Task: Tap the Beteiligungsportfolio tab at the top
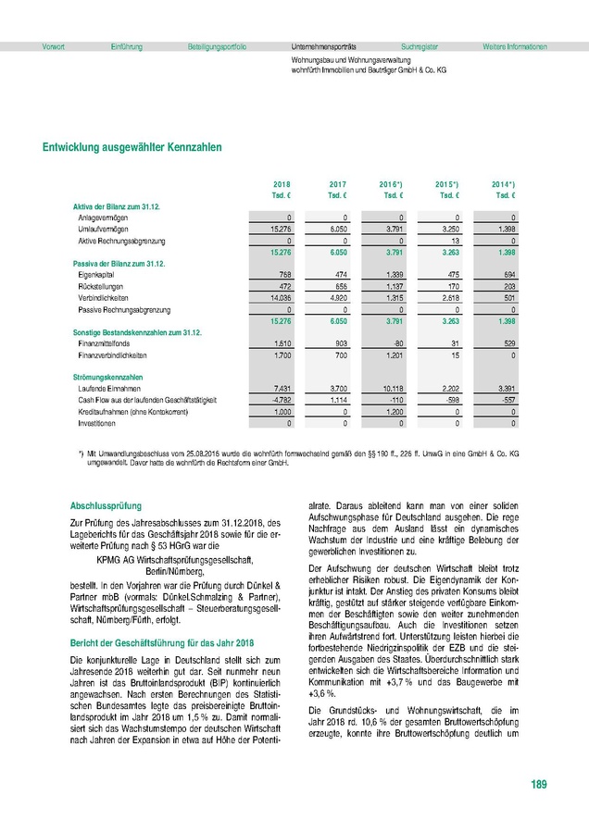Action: pyautogui.click(x=217, y=46)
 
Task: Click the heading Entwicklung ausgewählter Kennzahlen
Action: pyautogui.click(x=132, y=146)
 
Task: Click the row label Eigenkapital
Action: pyautogui.click(x=98, y=274)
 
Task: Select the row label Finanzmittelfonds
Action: pyautogui.click(x=104, y=342)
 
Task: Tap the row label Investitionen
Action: pyautogui.click(x=97, y=422)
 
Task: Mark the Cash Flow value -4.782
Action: pyautogui.click(x=281, y=400)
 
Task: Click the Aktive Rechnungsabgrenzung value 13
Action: pyautogui.click(x=451, y=240)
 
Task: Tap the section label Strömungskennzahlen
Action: pyautogui.click(x=107, y=378)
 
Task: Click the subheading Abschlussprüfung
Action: pyautogui.click(x=106, y=506)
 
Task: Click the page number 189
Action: pyautogui.click(x=539, y=785)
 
